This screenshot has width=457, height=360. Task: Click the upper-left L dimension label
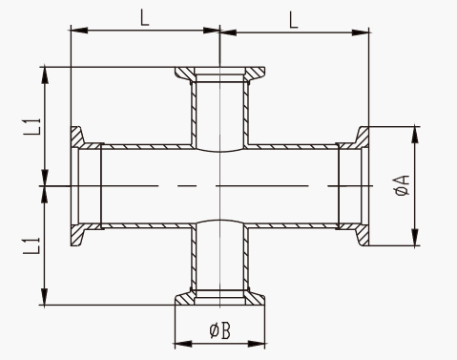pos(145,18)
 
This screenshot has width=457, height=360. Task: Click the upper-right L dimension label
pos(294,20)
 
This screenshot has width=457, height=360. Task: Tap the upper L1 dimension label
pos(32,126)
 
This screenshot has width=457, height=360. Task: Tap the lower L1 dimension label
pos(32,245)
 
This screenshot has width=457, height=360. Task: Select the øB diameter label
pos(220,330)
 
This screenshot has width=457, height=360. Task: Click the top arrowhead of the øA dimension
pos(415,135)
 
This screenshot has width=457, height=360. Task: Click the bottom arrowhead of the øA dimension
pos(415,237)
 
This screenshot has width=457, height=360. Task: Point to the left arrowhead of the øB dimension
pos(183,344)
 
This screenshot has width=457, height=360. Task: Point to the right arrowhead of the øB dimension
pos(257,344)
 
